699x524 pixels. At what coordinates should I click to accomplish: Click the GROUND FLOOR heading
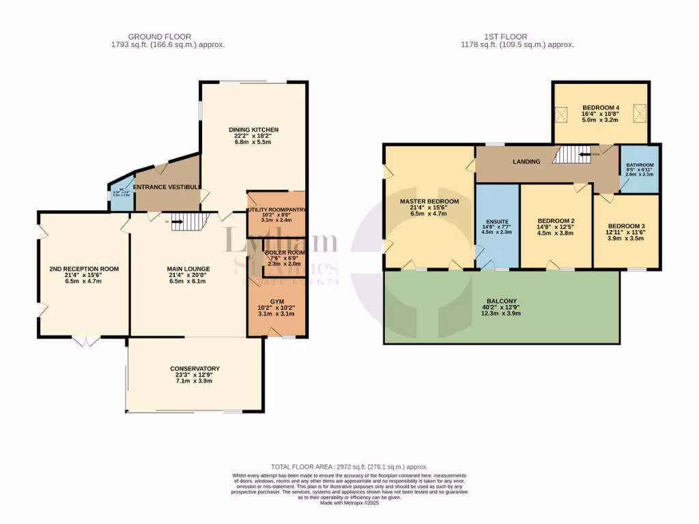pos(159,36)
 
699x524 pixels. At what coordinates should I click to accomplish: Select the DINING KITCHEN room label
pos(253,130)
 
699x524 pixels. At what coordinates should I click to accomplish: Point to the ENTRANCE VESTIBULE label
pos(167,187)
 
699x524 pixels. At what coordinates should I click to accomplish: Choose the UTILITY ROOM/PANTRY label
pos(276,209)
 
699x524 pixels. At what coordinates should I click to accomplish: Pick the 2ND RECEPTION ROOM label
pos(84,269)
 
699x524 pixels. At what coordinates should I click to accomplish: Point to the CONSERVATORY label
pos(195,368)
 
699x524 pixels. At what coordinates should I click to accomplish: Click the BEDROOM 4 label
pos(600,108)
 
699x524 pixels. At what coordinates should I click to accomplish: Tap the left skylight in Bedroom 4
pos(564,113)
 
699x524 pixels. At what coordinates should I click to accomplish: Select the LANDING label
pos(526,162)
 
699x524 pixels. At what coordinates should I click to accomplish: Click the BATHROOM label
pos(640,164)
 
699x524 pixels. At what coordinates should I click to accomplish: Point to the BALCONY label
pos(502,301)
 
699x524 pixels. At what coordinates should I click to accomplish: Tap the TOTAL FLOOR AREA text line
pos(349,467)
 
